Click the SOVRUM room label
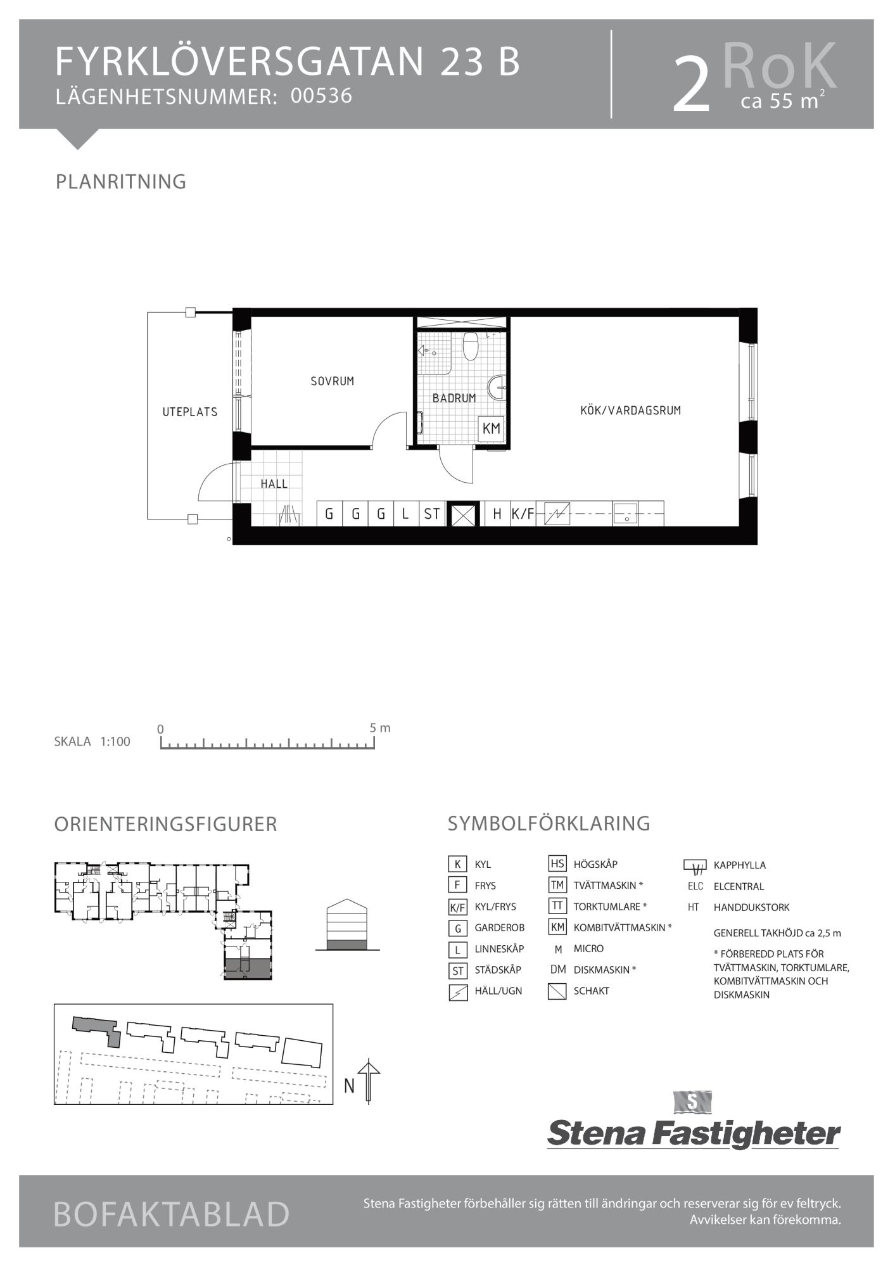pos(332,381)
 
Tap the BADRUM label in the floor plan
pos(454,398)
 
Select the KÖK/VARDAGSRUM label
pos(630,411)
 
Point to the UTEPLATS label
pos(190,412)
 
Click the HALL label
pos(274,484)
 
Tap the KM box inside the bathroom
pos(492,429)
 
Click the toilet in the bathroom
pos(470,346)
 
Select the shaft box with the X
pos(462,514)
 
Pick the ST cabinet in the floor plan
pos(432,514)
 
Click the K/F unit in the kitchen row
pos(523,514)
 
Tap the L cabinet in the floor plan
pos(405,514)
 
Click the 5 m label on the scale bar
pos(380,728)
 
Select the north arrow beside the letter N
pos(369,1083)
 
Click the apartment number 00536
pos(321,96)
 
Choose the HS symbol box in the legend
pos(557,863)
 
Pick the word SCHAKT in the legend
pos(592,991)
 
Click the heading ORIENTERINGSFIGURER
pos(166,824)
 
